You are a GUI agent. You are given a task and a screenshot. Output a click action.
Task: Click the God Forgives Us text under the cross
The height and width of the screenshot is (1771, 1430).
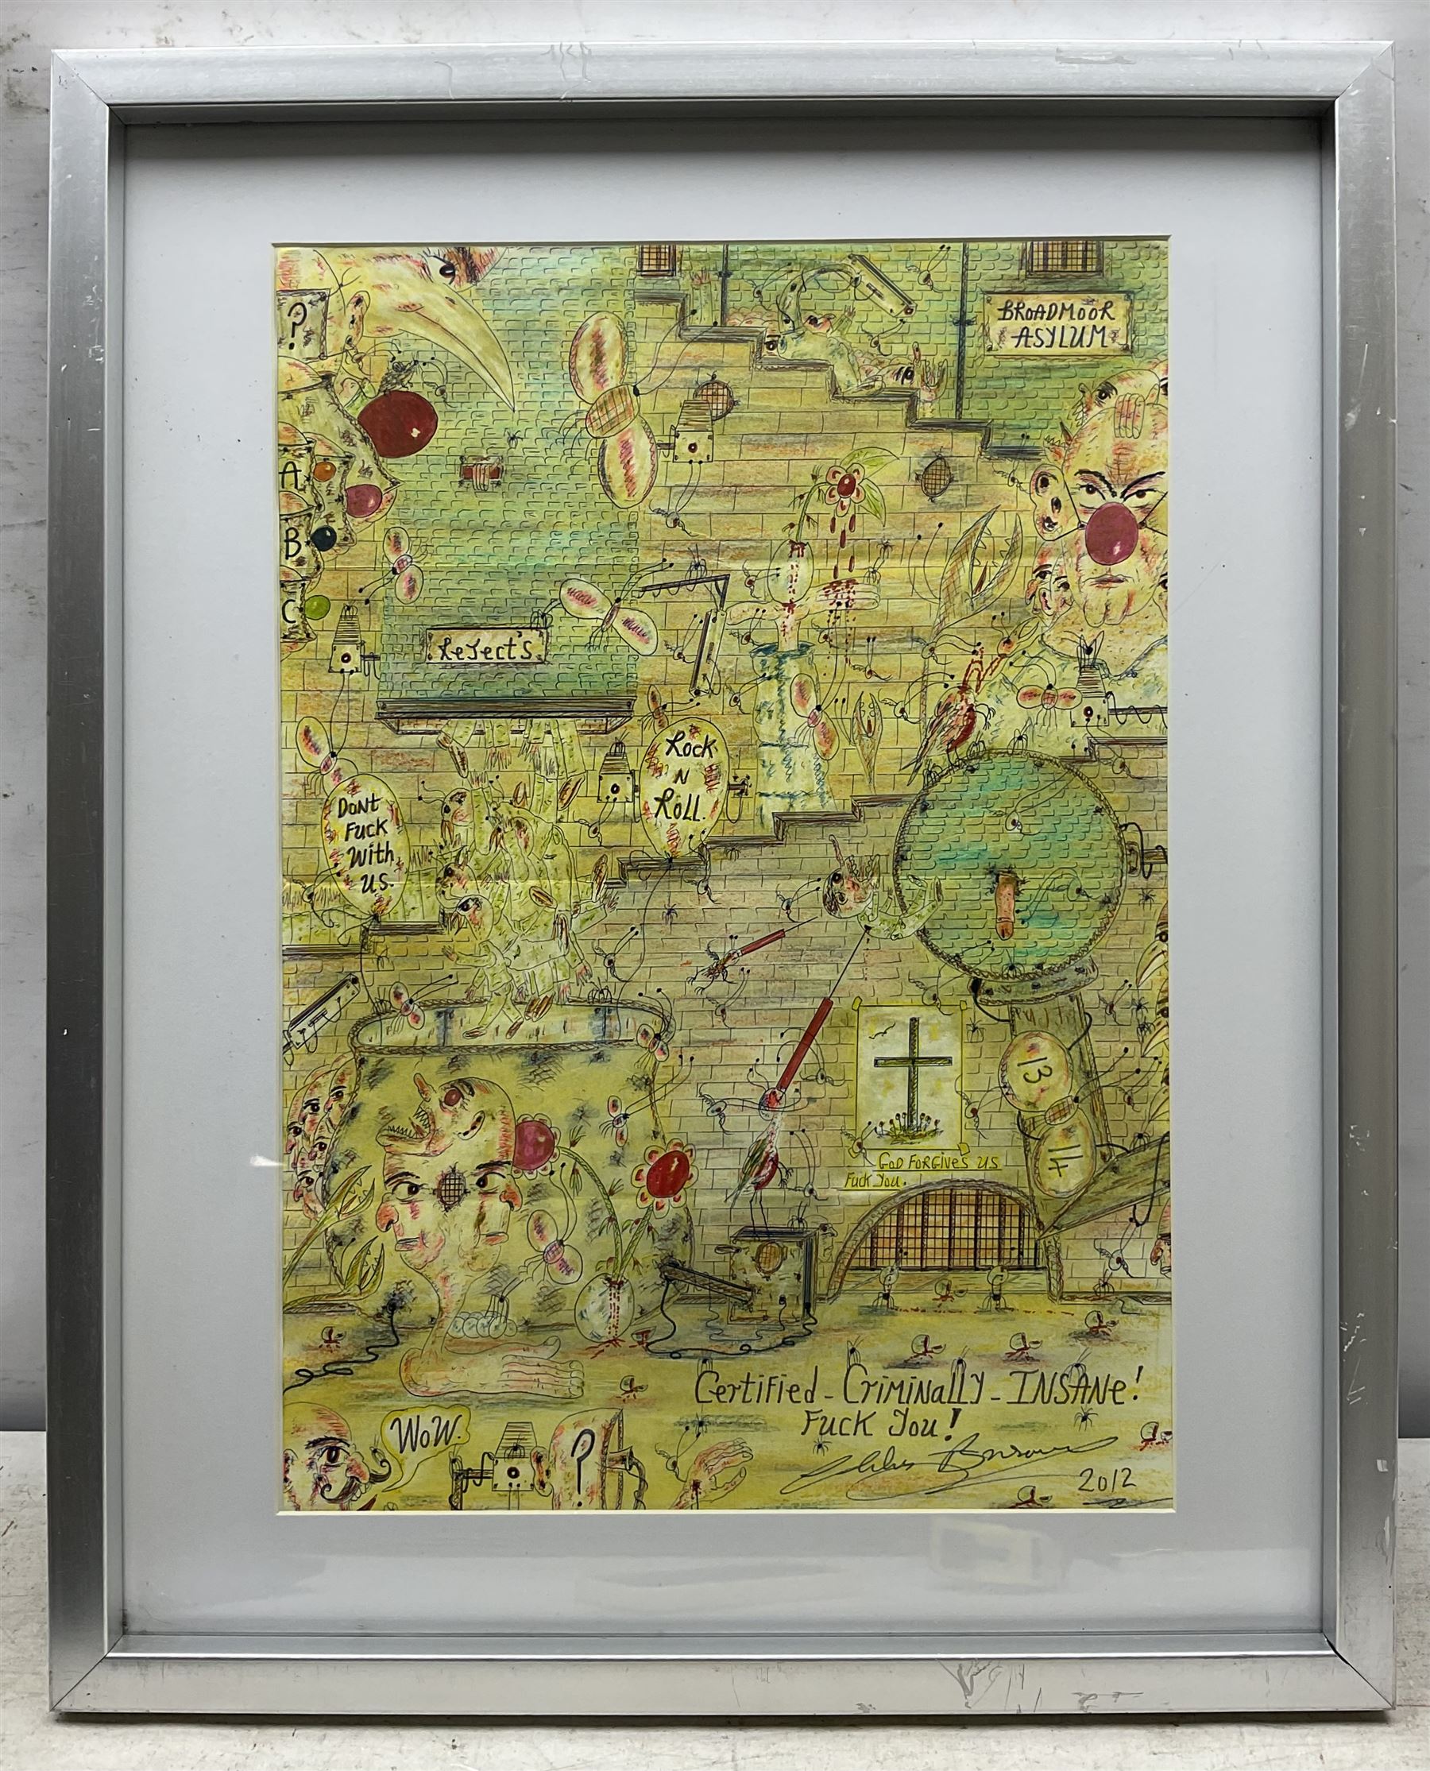pos(936,1163)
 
